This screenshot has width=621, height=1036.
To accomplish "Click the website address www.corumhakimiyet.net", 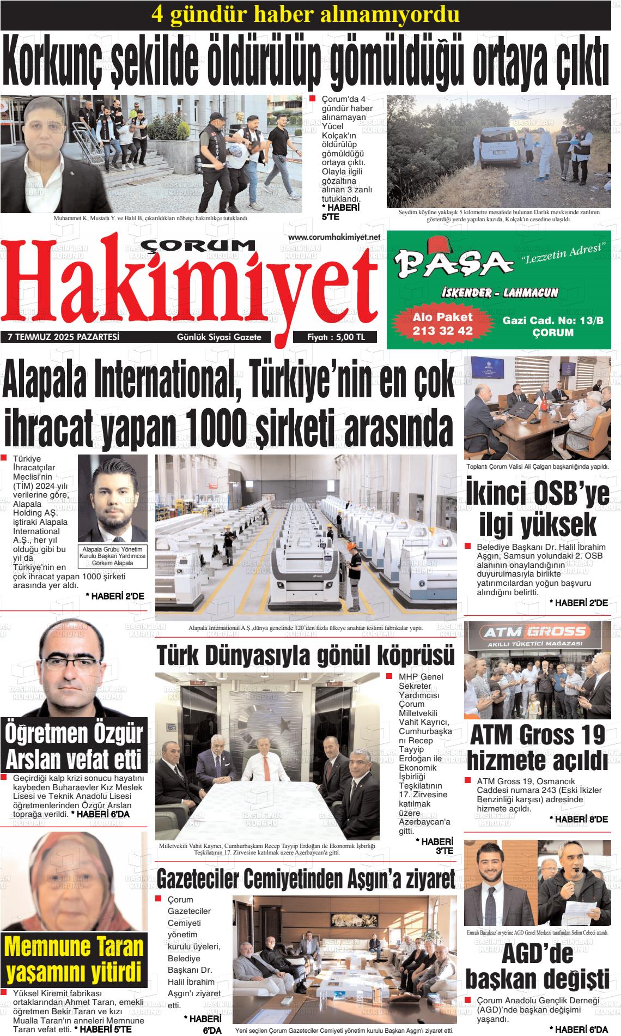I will (333, 237).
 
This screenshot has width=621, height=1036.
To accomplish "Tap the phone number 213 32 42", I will (442, 330).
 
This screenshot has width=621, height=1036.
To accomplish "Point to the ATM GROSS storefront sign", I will (537, 632).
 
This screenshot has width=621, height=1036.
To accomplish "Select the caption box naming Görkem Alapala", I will (113, 556).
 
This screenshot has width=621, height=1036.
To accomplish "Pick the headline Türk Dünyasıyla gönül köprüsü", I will (306, 656).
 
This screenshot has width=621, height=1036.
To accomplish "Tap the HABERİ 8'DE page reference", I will (579, 819).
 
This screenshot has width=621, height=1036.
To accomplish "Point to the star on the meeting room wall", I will (284, 723).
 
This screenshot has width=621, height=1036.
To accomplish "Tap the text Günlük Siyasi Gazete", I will (219, 337).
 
